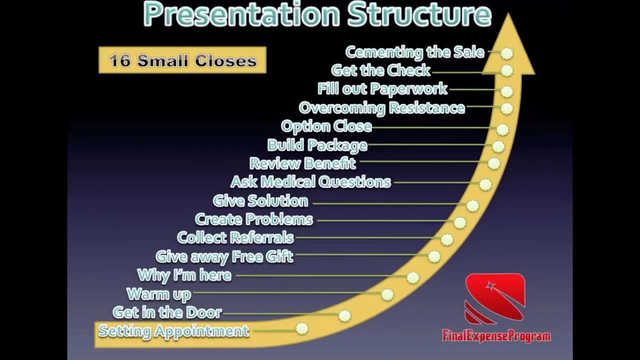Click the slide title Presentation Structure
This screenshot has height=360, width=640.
[317, 13]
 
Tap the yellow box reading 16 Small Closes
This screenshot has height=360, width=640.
[182, 60]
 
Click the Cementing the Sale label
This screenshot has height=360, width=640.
[414, 52]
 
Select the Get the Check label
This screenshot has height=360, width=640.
[380, 70]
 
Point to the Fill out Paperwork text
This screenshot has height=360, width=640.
[382, 89]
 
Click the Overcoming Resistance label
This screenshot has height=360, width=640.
[381, 107]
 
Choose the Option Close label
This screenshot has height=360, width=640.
[326, 126]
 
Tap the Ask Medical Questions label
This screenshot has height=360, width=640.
[310, 181]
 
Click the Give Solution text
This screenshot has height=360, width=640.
[260, 200]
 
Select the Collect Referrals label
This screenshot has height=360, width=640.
[235, 237]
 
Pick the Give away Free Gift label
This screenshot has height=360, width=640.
[224, 256]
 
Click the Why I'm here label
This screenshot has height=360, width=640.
[184, 275]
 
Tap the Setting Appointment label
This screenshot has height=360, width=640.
[173, 330]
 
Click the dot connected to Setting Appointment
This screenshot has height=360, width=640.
[302, 328]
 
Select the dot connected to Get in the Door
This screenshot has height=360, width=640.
[344, 315]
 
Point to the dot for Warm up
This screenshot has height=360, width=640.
[387, 294]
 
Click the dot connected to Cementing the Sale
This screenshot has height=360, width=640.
[507, 53]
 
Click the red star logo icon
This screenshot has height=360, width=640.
[494, 298]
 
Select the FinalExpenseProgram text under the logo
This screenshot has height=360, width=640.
[496, 335]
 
